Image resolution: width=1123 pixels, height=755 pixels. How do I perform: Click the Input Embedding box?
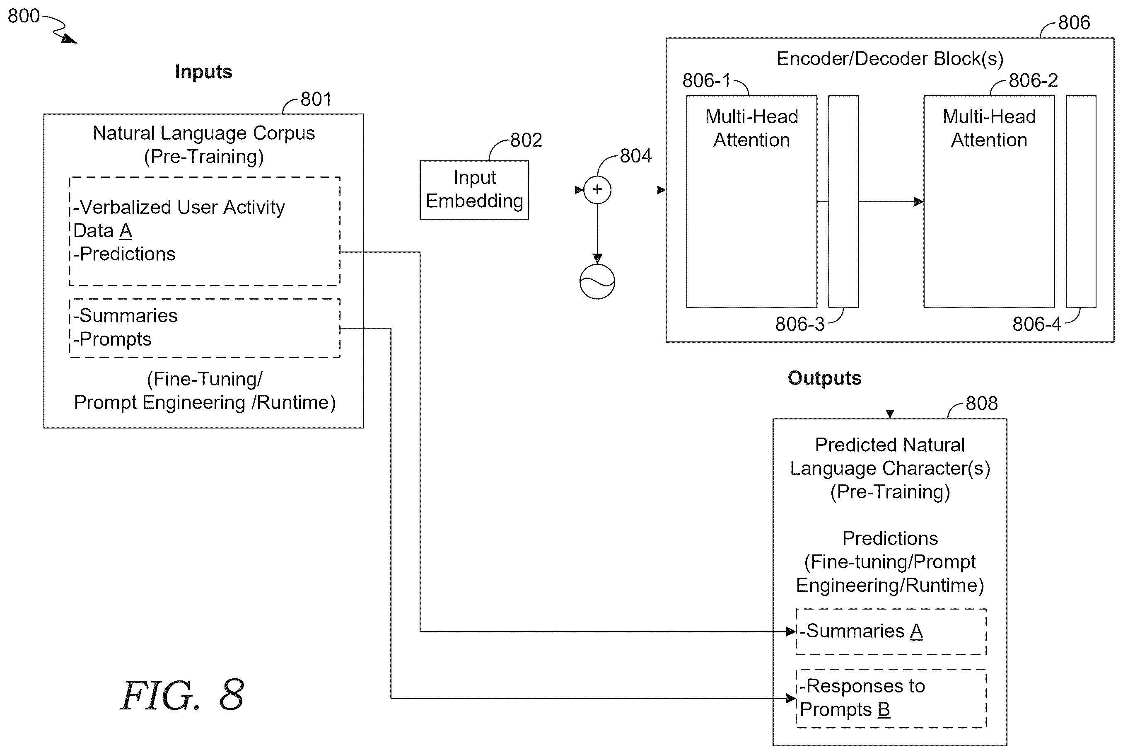coord(474,190)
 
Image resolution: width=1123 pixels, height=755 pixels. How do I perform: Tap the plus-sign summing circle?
coord(597,190)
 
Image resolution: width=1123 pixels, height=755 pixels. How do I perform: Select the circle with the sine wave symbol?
coord(597,281)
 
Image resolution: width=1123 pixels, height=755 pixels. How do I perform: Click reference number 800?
coord(24,16)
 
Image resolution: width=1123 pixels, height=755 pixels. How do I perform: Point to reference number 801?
coord(316,99)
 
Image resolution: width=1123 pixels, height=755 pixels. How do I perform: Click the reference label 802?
coord(526,140)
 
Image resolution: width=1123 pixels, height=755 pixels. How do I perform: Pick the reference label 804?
coord(635,156)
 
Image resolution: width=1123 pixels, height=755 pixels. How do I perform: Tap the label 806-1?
coord(707,80)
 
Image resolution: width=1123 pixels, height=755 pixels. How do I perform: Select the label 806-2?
coord(1033,80)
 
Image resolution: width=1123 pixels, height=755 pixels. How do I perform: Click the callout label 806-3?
coord(799,324)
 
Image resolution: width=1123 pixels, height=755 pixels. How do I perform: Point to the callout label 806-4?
coord(1037,324)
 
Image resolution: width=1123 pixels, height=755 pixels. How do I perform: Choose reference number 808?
coord(981,404)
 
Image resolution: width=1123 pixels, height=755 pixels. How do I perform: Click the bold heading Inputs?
coord(204,72)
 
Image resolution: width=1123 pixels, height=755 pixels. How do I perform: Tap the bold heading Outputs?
coord(824,378)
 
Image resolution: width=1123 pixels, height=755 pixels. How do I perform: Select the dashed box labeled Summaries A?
coord(891,632)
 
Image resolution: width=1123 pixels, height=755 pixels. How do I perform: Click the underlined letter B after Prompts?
coord(884,710)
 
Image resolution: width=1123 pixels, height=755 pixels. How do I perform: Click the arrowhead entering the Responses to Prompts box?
coord(791,698)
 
